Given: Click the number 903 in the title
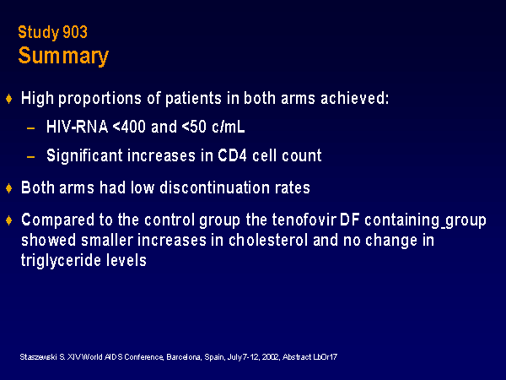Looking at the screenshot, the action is (75, 32).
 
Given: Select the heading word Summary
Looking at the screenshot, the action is (63, 56).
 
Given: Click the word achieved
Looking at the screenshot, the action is (355, 98).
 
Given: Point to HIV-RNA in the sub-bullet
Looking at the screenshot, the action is (77, 127).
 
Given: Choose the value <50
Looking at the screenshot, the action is (194, 127).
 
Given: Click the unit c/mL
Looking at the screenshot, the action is (229, 127).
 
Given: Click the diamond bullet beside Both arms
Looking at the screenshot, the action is (9, 187).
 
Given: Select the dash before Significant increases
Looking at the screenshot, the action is (31, 157).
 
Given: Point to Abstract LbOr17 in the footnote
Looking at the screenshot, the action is (310, 357).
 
